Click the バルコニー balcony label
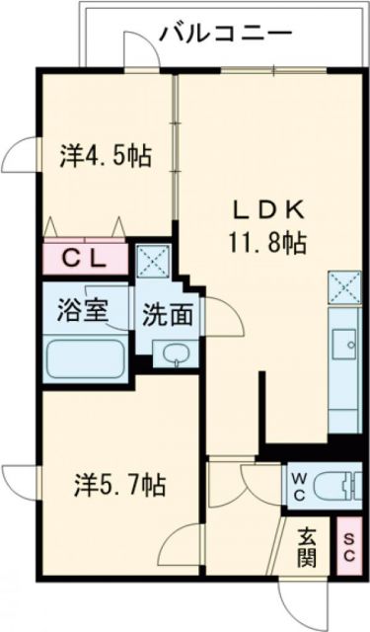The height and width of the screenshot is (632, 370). pos(225,33)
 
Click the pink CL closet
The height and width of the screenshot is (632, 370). pos(85,260)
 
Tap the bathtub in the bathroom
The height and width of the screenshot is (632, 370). pos(85,360)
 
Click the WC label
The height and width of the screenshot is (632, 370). pos(297,486)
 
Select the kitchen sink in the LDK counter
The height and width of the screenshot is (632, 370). pos(345,342)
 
